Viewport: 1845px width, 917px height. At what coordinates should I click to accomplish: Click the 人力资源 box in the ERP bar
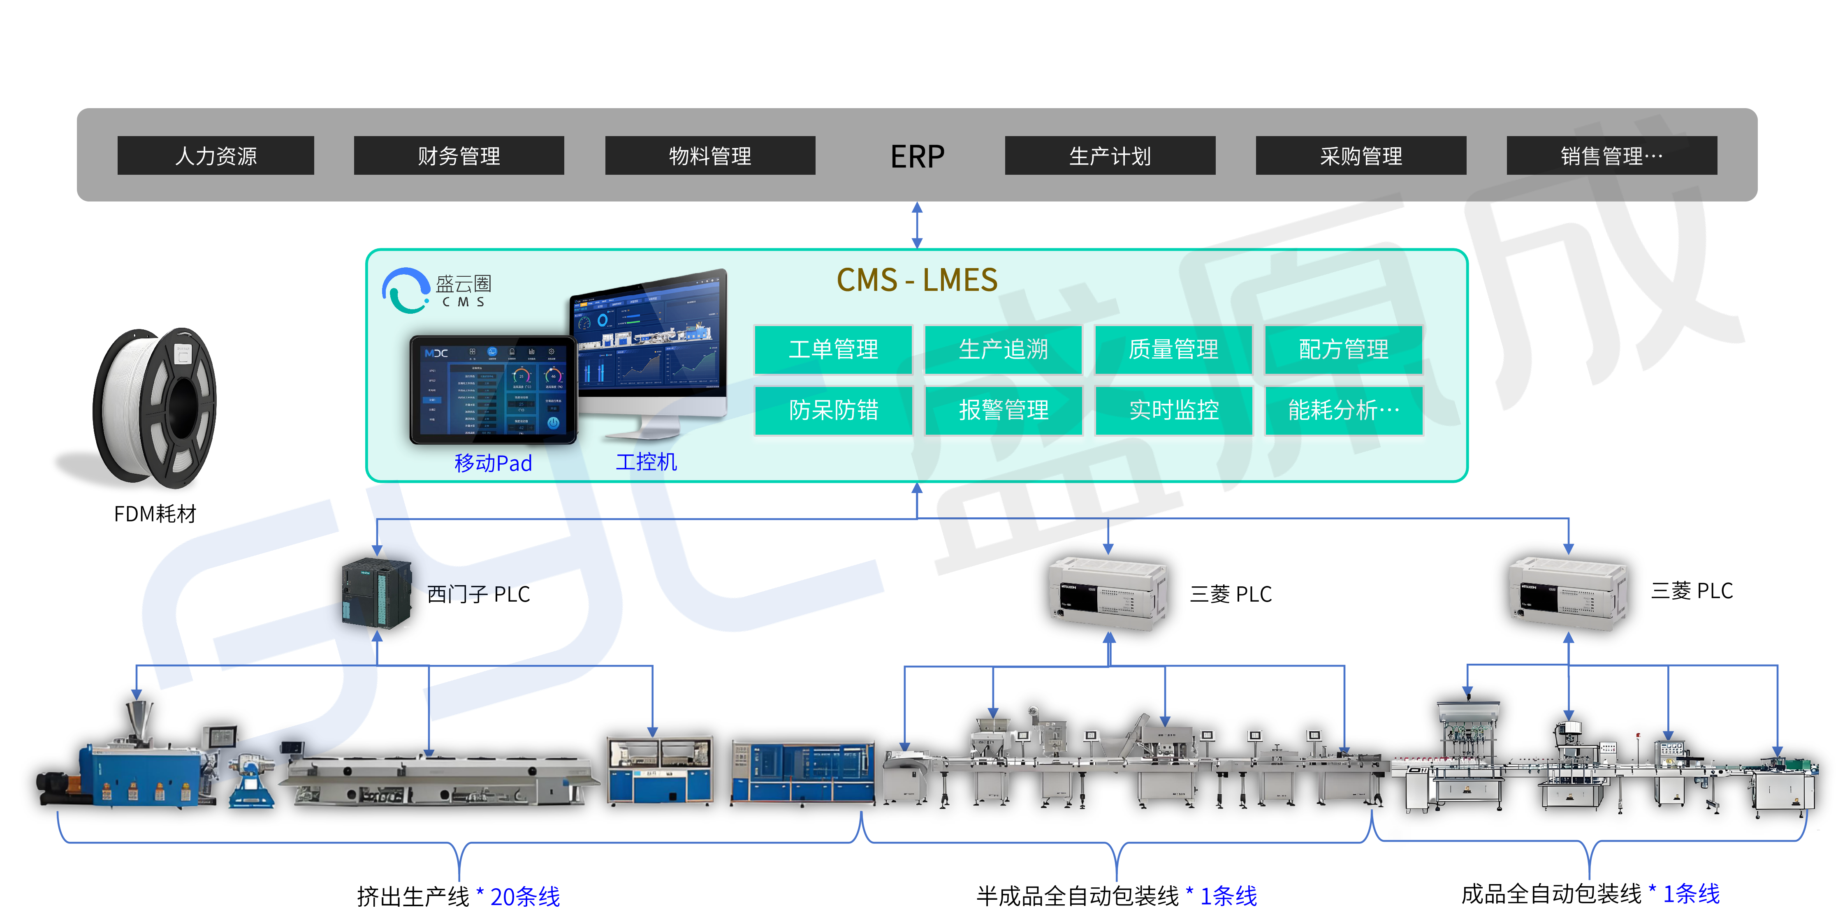tap(216, 155)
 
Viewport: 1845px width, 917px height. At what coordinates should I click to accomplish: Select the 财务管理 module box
tap(459, 155)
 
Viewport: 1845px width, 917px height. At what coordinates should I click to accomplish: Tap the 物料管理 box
tap(710, 155)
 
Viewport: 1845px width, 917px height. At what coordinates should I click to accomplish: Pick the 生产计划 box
tap(1110, 155)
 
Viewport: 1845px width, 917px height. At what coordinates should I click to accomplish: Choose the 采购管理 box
tap(1361, 155)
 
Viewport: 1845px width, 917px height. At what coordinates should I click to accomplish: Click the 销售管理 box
tap(1611, 155)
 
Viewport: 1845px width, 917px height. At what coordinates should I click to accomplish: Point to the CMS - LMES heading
tap(917, 280)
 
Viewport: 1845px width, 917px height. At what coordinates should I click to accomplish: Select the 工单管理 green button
tap(833, 350)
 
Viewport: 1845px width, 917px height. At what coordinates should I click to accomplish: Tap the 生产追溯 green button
tap(1003, 350)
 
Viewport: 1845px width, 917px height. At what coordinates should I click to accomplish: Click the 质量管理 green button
tap(1173, 350)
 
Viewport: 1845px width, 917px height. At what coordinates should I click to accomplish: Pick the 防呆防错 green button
tap(833, 410)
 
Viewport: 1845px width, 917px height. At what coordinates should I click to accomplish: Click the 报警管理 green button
tap(1003, 410)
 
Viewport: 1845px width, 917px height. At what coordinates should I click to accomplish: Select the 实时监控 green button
tap(1173, 410)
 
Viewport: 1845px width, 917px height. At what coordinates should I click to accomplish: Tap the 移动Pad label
tap(493, 463)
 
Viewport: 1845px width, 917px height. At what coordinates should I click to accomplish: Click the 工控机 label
tap(646, 462)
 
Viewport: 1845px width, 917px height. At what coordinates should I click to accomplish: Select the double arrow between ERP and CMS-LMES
tap(917, 225)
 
